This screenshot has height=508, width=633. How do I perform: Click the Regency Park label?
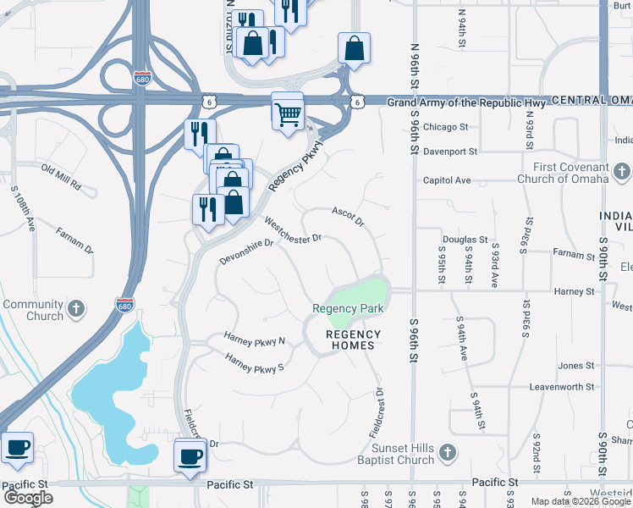(x=348, y=309)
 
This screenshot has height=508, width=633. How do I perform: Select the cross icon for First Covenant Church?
(x=622, y=173)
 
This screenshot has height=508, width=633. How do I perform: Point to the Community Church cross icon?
(x=75, y=310)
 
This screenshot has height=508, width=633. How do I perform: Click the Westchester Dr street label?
(x=293, y=229)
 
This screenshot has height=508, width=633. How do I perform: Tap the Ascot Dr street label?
(x=347, y=216)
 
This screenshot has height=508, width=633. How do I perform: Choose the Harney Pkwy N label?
(x=255, y=340)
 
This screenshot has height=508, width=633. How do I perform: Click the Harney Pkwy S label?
(x=254, y=365)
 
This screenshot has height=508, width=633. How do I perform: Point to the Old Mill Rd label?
(x=61, y=176)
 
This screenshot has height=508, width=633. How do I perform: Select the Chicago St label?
(x=446, y=127)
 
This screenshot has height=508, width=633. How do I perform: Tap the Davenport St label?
(x=451, y=152)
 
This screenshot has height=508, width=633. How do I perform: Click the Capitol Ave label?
(x=447, y=180)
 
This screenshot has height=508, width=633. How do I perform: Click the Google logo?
(x=29, y=498)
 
